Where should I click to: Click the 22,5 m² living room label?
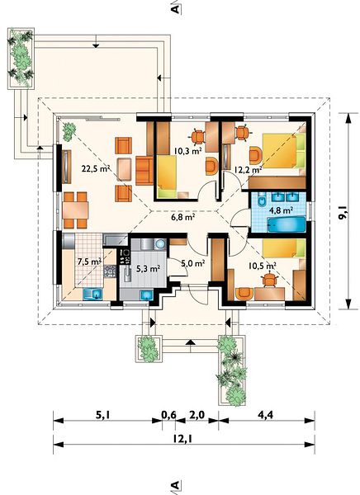[x=96, y=168]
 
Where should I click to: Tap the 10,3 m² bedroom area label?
[x=188, y=151]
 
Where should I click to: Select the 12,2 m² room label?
[x=248, y=170]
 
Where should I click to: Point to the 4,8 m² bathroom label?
[x=281, y=210]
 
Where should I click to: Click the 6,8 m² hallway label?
[x=182, y=216]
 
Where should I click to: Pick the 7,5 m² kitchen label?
[x=89, y=261]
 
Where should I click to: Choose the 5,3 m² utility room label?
[x=148, y=268]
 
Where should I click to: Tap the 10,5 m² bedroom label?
[x=263, y=266]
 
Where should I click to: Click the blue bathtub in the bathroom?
[x=287, y=224]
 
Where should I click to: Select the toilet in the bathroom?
[x=263, y=200]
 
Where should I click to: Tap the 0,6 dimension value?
[x=169, y=414]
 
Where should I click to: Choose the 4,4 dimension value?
[x=266, y=414]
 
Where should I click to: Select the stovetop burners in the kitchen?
[x=126, y=257]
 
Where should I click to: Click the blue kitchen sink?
[x=92, y=294]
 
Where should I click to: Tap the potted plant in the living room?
[x=69, y=131]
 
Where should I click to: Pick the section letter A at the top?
[x=175, y=9]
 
